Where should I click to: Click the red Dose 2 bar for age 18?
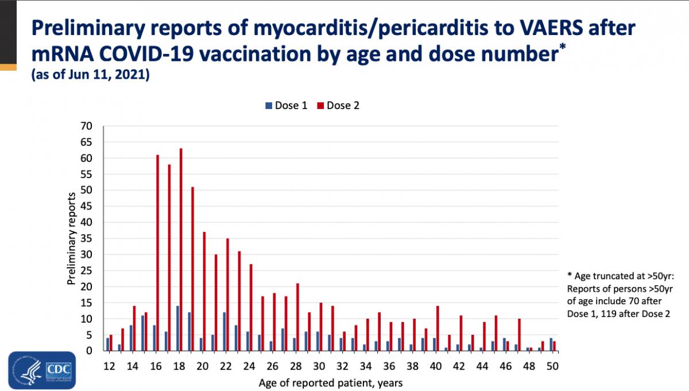point(181,250)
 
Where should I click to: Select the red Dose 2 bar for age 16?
point(158,253)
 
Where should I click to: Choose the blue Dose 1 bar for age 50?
point(551,344)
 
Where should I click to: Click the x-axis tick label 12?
point(109,365)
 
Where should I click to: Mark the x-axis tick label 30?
point(318,365)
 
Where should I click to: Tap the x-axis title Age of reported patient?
point(331,382)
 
